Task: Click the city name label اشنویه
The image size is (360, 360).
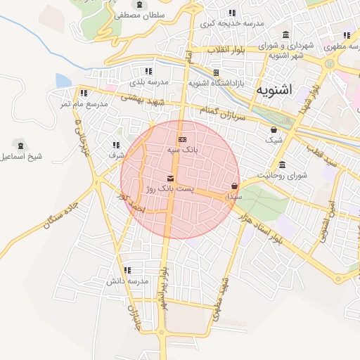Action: (275, 91)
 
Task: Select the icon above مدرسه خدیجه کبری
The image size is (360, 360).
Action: (232, 13)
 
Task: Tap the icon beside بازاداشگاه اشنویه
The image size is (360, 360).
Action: (217, 72)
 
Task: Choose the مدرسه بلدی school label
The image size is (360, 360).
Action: (150, 82)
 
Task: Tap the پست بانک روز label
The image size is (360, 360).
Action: (169, 189)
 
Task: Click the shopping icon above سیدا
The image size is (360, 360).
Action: (233, 186)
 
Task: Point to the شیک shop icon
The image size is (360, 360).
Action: (274, 129)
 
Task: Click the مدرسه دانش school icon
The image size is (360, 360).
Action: (127, 270)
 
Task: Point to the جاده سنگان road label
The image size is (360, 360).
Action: (60, 217)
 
